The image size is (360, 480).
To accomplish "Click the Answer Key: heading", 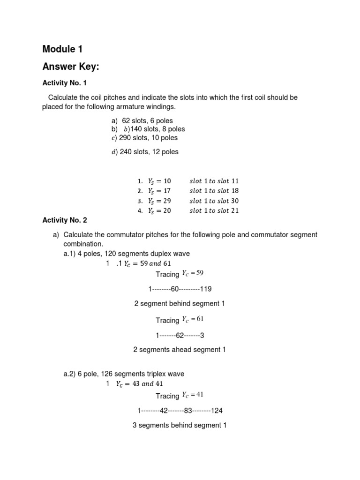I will (71, 67).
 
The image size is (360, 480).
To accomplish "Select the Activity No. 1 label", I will (65, 83).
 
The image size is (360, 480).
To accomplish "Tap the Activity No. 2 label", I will (65, 220).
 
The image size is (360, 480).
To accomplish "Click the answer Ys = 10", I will (159, 181).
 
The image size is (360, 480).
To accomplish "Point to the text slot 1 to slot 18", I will (214, 191).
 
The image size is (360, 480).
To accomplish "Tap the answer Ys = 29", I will (159, 201).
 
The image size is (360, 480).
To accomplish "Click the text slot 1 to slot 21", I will (214, 210).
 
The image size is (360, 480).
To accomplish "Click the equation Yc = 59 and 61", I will (142, 263).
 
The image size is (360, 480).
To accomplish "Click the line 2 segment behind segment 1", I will (180, 304).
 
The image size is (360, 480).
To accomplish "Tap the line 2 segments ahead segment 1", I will (180, 350).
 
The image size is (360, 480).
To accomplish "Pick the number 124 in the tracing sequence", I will (217, 411).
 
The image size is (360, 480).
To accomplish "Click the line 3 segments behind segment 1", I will (180, 426).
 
